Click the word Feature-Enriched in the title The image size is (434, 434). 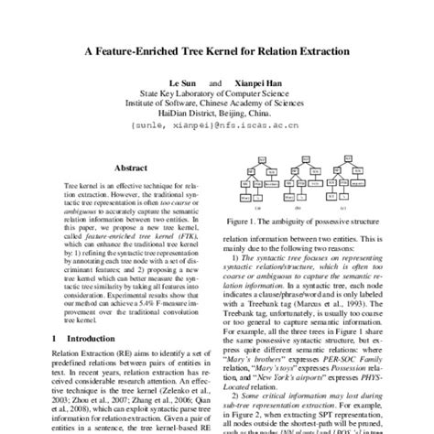point(159,52)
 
